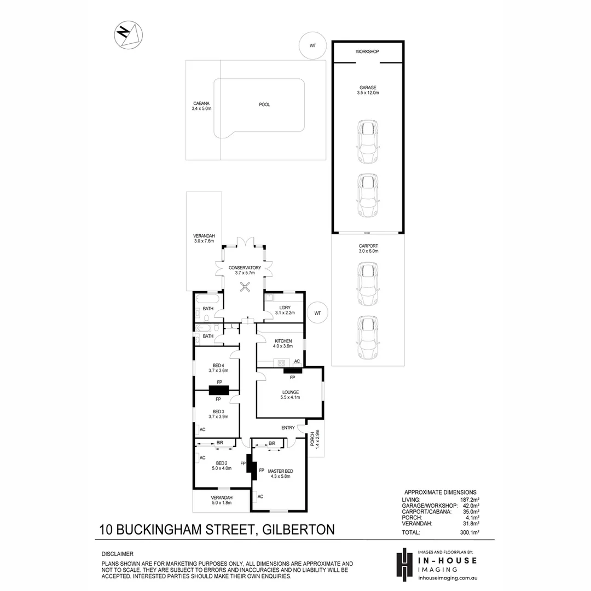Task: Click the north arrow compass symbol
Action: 129,34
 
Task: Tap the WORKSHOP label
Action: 367,51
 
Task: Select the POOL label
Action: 264,105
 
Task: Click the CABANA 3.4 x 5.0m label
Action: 201,106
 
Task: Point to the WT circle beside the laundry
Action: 317,313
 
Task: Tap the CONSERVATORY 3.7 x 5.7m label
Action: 245,270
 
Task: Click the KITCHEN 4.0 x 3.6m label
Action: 283,343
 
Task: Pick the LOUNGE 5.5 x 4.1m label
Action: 290,395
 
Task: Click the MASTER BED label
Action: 280,473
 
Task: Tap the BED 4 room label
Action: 218,368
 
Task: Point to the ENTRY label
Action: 288,428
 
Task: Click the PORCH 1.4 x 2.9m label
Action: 315,439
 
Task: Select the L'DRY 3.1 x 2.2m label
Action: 285,310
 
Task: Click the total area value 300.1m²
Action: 469,532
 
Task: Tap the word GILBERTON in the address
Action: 298,529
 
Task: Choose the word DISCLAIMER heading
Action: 118,554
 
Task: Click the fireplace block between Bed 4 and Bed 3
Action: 218,390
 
